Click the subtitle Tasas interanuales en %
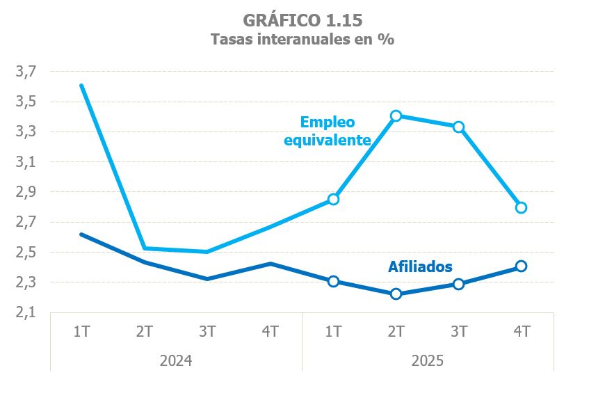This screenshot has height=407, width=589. point(302,40)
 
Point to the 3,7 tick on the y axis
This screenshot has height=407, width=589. point(25,71)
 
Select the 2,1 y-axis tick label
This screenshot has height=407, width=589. point(25,313)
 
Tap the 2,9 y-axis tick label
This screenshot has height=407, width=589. point(25,192)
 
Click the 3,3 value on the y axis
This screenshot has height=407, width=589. point(25,131)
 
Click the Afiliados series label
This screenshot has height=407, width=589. point(420,266)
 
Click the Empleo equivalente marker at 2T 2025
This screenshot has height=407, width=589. point(396,115)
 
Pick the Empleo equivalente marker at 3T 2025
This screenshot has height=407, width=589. point(458,127)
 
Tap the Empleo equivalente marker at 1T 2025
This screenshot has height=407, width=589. point(333,199)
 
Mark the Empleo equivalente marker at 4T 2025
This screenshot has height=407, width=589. point(521,207)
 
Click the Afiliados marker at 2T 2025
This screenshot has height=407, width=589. point(396,294)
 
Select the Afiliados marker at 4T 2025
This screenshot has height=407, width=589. point(521,266)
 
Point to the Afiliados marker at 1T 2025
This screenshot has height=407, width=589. point(333,281)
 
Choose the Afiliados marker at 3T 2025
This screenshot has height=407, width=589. point(458,284)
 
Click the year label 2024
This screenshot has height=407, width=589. point(176,361)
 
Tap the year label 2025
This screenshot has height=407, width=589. point(427,361)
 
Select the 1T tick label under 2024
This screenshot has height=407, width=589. point(82,331)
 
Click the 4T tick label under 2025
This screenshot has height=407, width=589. point(521,331)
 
